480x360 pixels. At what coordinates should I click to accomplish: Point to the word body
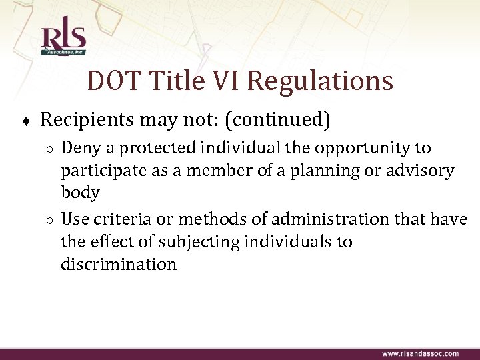(80, 193)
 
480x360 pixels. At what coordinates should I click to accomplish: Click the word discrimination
(119, 263)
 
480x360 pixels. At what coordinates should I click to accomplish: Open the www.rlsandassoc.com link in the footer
(420, 353)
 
